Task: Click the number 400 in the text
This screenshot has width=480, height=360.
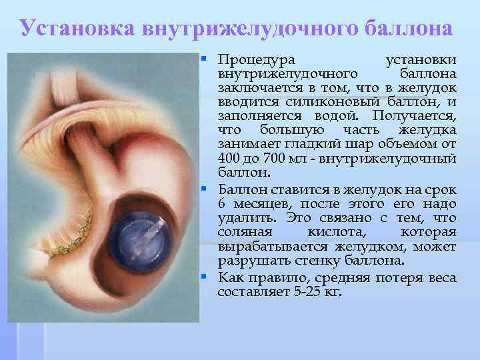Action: (229, 158)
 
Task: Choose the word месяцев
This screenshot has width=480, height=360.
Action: (259, 203)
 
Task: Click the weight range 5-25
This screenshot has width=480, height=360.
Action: (309, 292)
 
